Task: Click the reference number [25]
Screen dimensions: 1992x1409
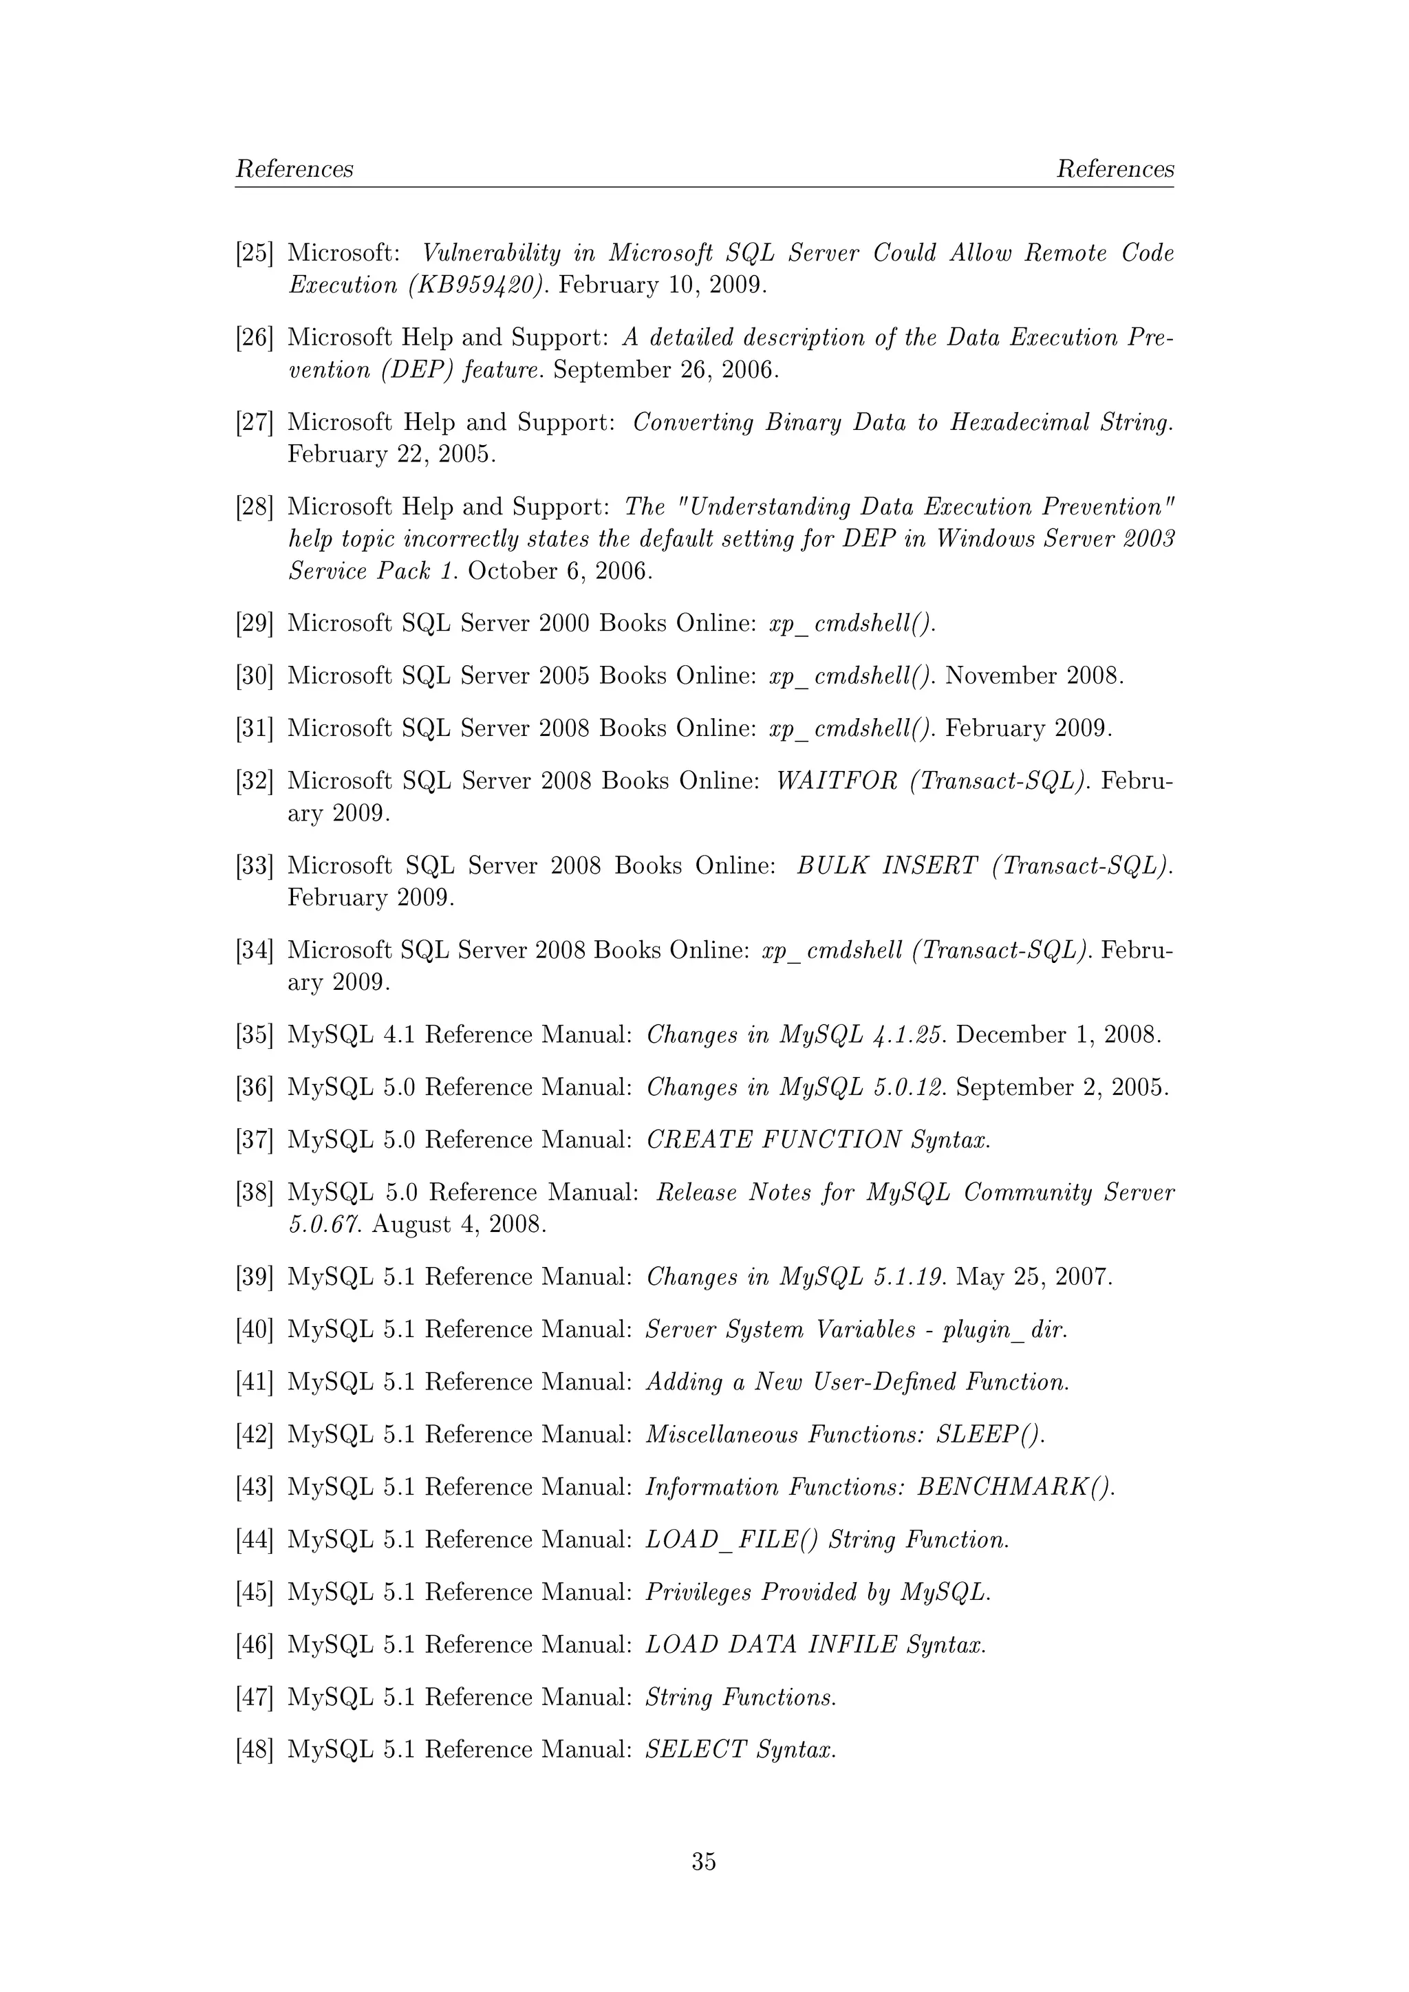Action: coord(254,253)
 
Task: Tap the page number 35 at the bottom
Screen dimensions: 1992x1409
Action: coord(704,1861)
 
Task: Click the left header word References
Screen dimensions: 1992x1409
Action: coord(294,169)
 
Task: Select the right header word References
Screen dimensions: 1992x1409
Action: coord(1114,169)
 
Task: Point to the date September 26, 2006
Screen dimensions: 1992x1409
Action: coord(665,371)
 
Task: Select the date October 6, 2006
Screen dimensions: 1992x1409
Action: coord(559,571)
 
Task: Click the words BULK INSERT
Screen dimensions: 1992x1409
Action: coord(887,866)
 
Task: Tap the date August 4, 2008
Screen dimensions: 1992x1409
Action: coord(459,1224)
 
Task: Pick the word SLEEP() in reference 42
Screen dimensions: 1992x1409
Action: coord(990,1434)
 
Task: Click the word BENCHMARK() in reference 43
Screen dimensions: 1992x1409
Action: coord(1015,1487)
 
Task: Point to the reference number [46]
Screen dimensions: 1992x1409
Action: coord(254,1644)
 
